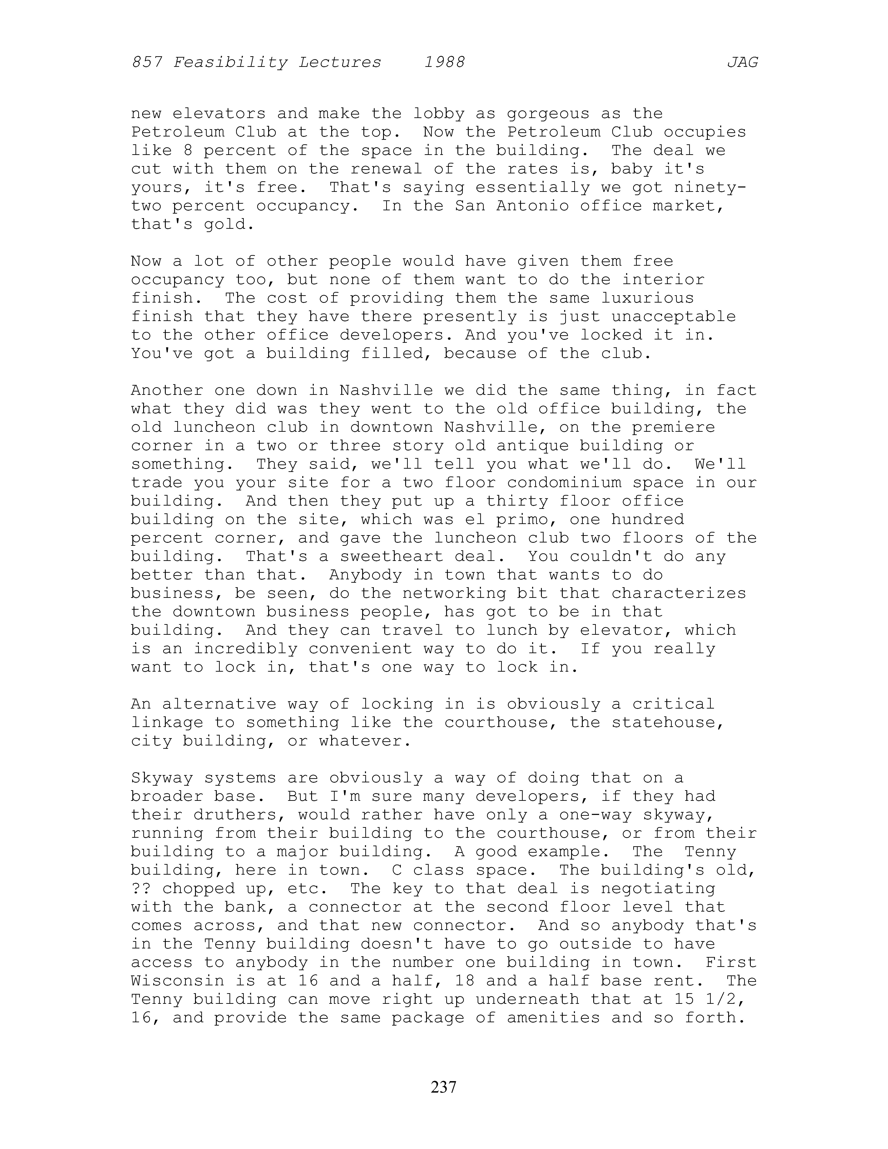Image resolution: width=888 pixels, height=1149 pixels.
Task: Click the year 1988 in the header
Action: (445, 63)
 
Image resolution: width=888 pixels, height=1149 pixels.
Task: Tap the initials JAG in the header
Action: (742, 63)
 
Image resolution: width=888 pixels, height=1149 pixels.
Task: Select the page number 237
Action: (443, 1086)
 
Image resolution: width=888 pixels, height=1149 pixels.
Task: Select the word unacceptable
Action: (673, 317)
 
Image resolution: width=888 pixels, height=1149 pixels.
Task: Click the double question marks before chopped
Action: (141, 889)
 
